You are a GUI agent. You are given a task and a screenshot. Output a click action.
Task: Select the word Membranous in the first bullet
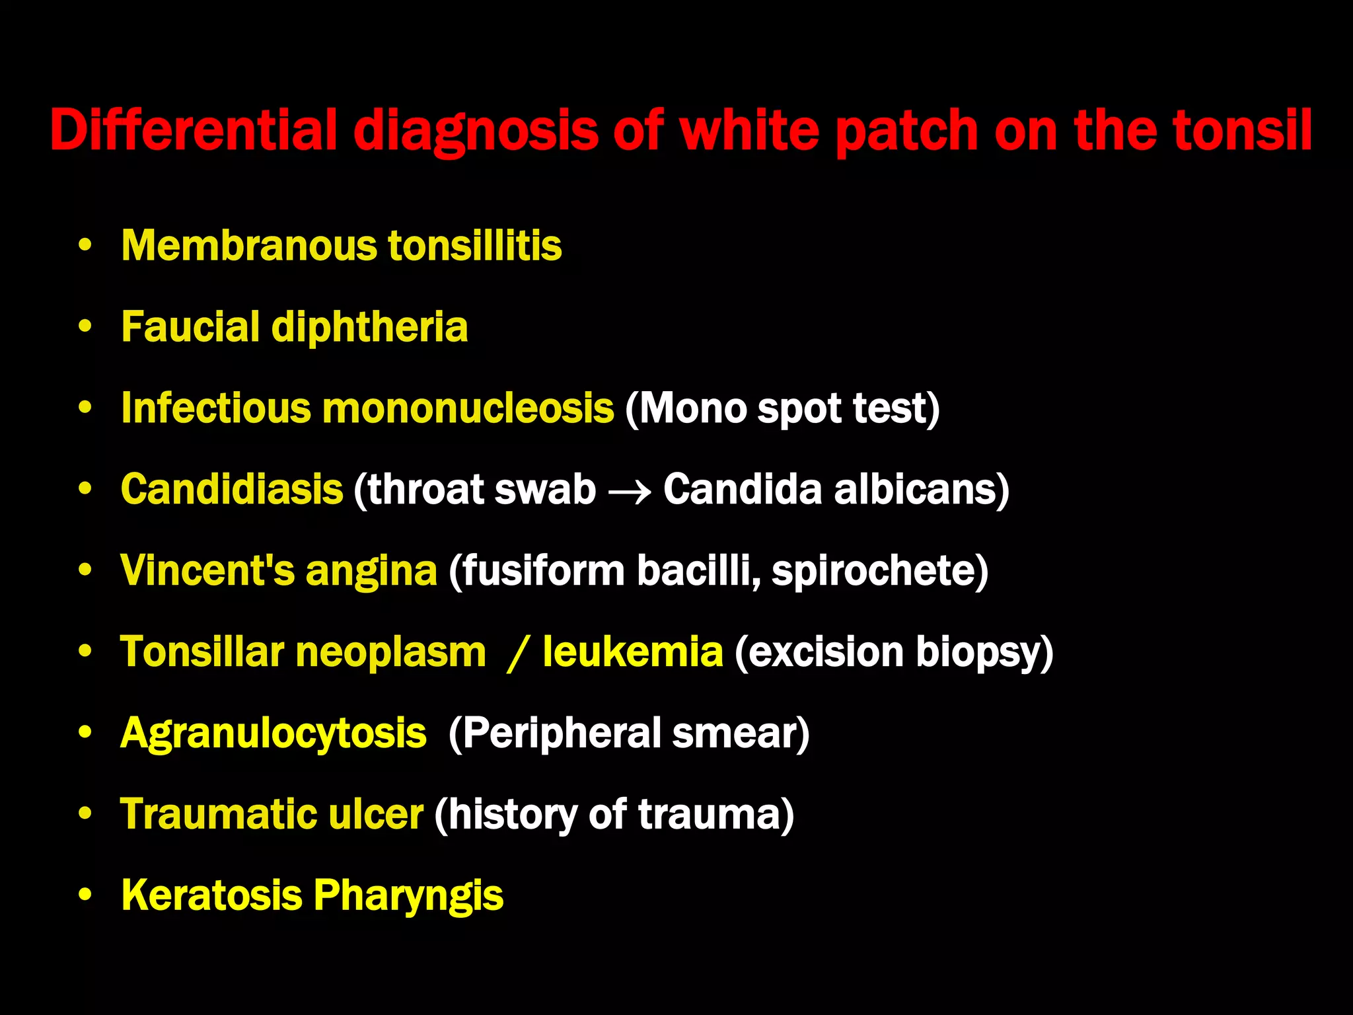click(251, 246)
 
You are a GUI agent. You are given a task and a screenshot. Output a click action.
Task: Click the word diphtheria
click(369, 327)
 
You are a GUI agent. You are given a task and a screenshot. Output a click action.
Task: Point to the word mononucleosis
click(468, 408)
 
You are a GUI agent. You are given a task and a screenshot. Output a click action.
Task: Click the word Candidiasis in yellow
click(232, 490)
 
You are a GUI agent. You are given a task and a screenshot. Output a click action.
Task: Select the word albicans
click(922, 490)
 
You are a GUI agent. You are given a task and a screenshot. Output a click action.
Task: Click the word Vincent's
click(207, 570)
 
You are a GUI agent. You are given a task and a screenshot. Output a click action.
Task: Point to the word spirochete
click(879, 570)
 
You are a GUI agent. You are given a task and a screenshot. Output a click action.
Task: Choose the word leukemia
click(633, 652)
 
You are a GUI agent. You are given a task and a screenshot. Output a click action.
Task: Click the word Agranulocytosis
click(274, 733)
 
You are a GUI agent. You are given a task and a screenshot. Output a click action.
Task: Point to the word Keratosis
click(211, 895)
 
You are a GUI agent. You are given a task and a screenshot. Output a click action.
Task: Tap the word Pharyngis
click(408, 897)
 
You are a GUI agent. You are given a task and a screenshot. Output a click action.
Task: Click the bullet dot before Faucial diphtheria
click(85, 327)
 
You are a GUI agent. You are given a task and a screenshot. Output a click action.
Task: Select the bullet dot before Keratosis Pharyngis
click(85, 895)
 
